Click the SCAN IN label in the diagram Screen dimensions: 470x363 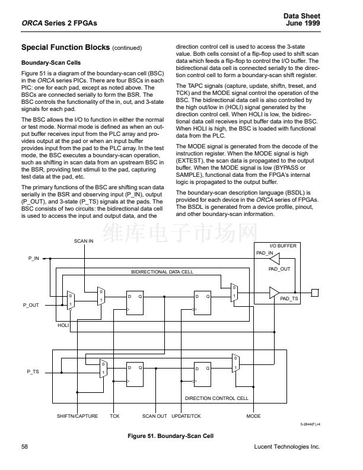click(84, 241)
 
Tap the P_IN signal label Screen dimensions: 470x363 click(33, 259)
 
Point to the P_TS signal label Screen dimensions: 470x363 click(33, 371)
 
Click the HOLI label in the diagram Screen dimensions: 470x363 click(63, 326)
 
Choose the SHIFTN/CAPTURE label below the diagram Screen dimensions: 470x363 click(77, 416)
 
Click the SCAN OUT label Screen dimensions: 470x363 click(155, 416)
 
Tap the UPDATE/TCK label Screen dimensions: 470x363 click(186, 416)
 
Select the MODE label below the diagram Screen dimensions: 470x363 click(253, 416)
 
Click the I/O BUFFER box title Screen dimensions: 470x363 click(283, 246)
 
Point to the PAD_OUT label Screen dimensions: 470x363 click(279, 269)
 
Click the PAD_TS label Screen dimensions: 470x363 click(289, 299)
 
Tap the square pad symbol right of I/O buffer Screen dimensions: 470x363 click(315, 292)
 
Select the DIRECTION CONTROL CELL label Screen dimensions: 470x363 click(216, 398)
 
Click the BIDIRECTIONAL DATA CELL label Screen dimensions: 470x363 click(163, 271)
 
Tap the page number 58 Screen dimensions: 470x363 click(25, 446)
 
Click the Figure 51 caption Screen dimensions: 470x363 click(171, 436)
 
